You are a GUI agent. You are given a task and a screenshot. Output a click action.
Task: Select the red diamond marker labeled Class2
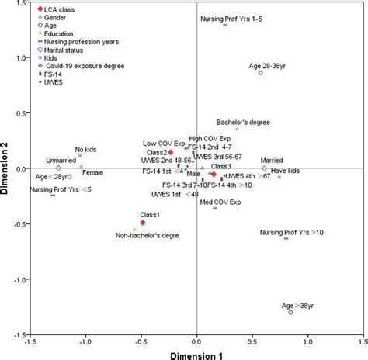click(x=171, y=153)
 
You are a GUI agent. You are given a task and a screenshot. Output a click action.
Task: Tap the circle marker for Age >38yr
click(x=290, y=312)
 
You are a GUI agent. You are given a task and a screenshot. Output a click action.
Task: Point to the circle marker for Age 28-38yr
click(x=261, y=73)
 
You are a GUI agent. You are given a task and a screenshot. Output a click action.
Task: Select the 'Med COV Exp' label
click(x=220, y=202)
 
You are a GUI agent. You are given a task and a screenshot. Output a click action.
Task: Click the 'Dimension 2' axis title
click(x=7, y=168)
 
